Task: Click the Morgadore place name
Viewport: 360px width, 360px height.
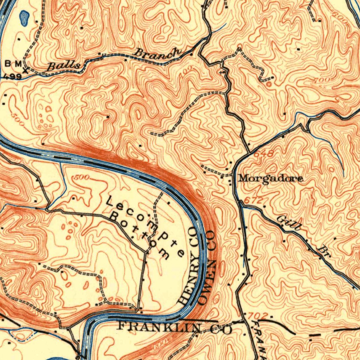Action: tap(270, 179)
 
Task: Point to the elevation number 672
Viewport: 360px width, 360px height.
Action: tap(253, 200)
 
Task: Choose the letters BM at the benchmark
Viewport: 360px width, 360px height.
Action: tap(13, 64)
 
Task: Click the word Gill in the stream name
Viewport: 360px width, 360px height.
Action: tap(289, 224)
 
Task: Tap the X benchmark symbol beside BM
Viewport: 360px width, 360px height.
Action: tap(25, 70)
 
